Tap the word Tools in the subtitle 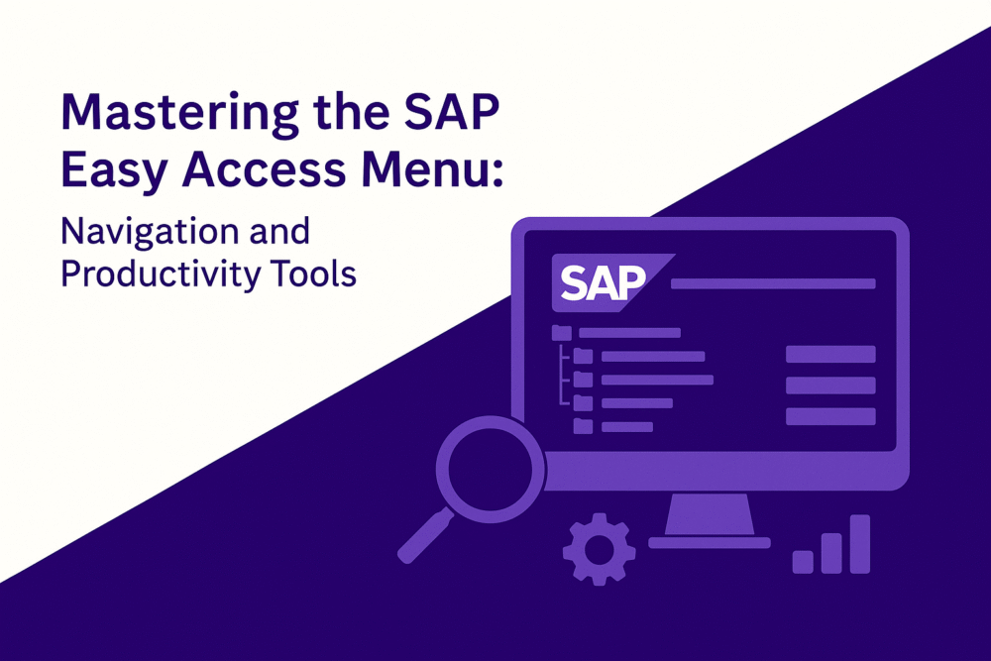[x=319, y=275]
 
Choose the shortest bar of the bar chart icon [x=803, y=562]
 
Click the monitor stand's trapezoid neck [x=710, y=514]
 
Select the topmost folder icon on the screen [x=562, y=333]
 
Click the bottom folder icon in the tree [x=583, y=426]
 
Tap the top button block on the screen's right [x=829, y=354]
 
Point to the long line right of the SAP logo [x=773, y=283]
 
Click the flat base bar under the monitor [x=710, y=542]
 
